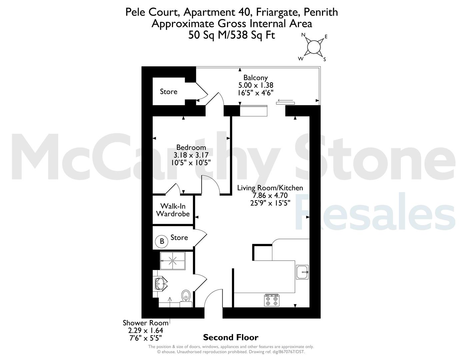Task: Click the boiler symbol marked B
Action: pyautogui.click(x=162, y=241)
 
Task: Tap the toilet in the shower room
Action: pyautogui.click(x=186, y=298)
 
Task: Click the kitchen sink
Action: pyautogui.click(x=302, y=272)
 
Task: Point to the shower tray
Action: pyautogui.click(x=172, y=261)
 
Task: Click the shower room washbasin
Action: pyautogui.click(x=160, y=284)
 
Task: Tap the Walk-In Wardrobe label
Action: pyautogui.click(x=173, y=210)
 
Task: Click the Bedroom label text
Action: pyautogui.click(x=191, y=147)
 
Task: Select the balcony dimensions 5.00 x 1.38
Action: pyautogui.click(x=256, y=85)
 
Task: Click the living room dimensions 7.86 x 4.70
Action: pyautogui.click(x=270, y=195)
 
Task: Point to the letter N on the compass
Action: pyautogui.click(x=303, y=35)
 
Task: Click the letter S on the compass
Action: pyautogui.click(x=325, y=59)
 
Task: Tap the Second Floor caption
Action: pyautogui.click(x=231, y=337)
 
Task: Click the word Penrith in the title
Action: pyautogui.click(x=321, y=12)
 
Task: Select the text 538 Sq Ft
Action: pyautogui.click(x=253, y=35)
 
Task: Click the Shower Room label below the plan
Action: pyautogui.click(x=146, y=323)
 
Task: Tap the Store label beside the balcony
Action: pyautogui.click(x=169, y=92)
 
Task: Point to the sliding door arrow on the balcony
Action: pyautogui.click(x=285, y=100)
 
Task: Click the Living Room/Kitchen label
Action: pyautogui.click(x=270, y=188)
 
